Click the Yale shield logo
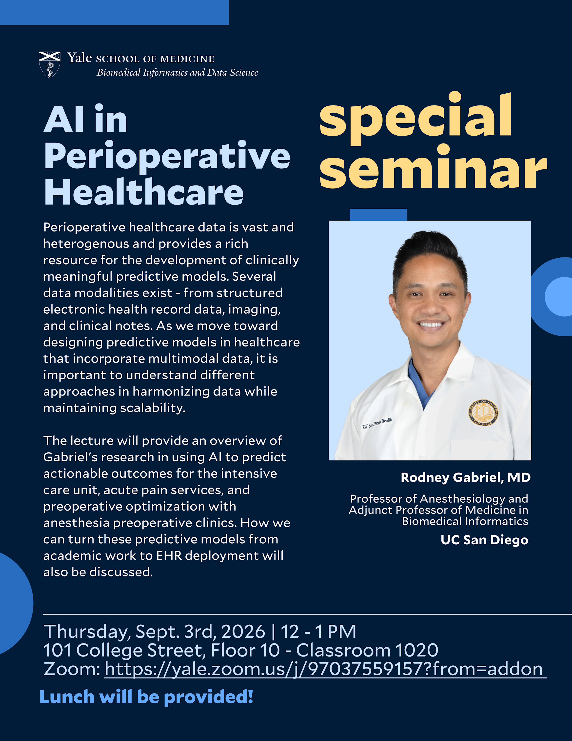[x=50, y=65]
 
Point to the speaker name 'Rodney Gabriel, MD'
[x=466, y=477]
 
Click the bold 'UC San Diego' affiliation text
[x=484, y=540]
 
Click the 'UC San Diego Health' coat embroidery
[x=377, y=423]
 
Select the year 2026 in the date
[x=243, y=631]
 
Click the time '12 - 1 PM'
[x=318, y=631]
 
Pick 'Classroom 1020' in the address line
[x=367, y=650]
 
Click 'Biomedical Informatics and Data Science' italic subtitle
[x=177, y=73]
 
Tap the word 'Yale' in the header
[x=79, y=58]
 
